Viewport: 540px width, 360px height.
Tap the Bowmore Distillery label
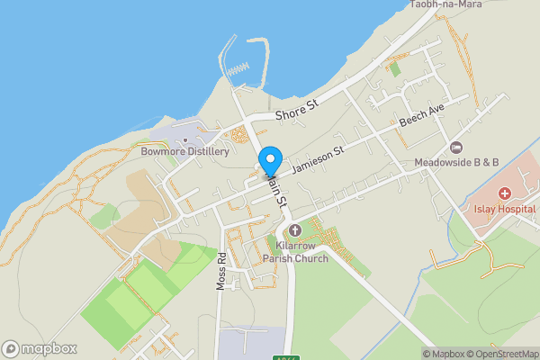coord(185,152)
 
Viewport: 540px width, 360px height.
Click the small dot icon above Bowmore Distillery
coord(185,139)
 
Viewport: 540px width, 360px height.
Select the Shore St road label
coord(297,112)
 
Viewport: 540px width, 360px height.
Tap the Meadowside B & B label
coord(456,163)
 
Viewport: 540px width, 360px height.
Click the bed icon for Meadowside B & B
coord(456,148)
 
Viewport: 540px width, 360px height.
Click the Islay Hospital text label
coord(505,209)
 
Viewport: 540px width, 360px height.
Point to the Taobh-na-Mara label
coord(445,4)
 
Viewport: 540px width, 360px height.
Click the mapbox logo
coord(40,348)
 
